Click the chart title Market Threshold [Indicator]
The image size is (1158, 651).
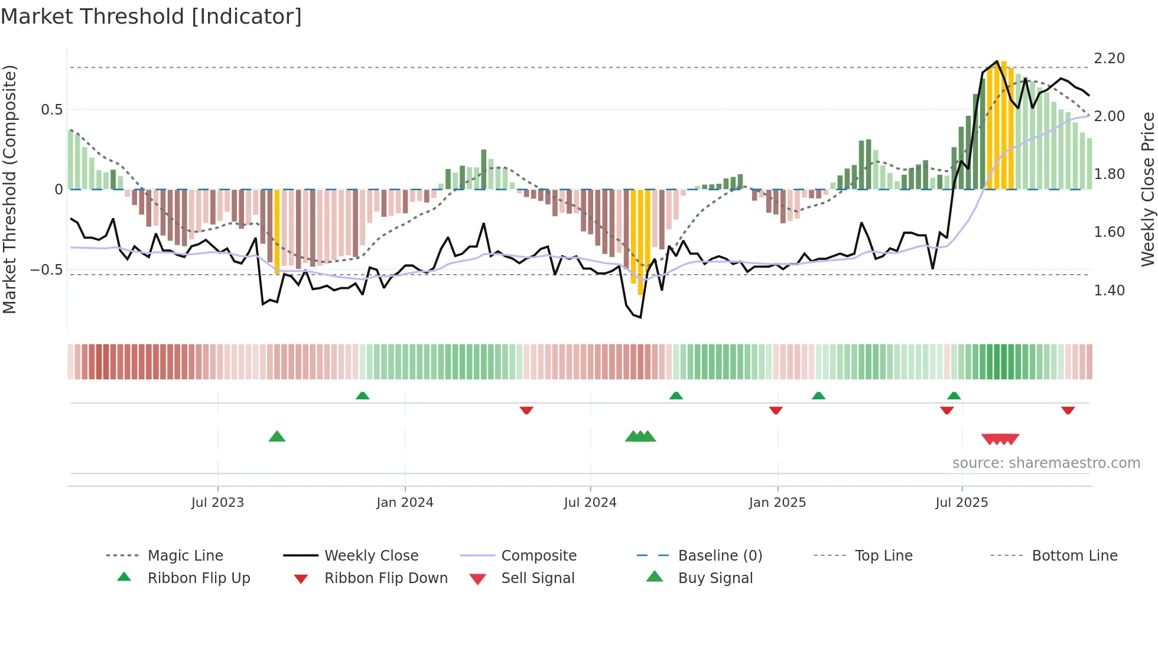tap(151, 17)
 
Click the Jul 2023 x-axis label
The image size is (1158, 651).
tap(217, 503)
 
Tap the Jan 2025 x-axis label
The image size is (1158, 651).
tap(777, 503)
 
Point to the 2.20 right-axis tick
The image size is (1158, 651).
tap(1109, 58)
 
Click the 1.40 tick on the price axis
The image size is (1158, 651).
tap(1109, 291)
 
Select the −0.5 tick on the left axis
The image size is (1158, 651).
tap(46, 270)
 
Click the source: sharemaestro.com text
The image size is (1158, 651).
tap(1046, 463)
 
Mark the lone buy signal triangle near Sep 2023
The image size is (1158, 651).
tap(277, 437)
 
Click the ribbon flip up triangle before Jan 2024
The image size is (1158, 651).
tap(363, 396)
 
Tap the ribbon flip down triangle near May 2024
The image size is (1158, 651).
tap(526, 410)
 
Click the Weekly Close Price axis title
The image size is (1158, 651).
tap(1147, 189)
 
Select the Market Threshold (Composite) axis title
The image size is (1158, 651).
tap(9, 189)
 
